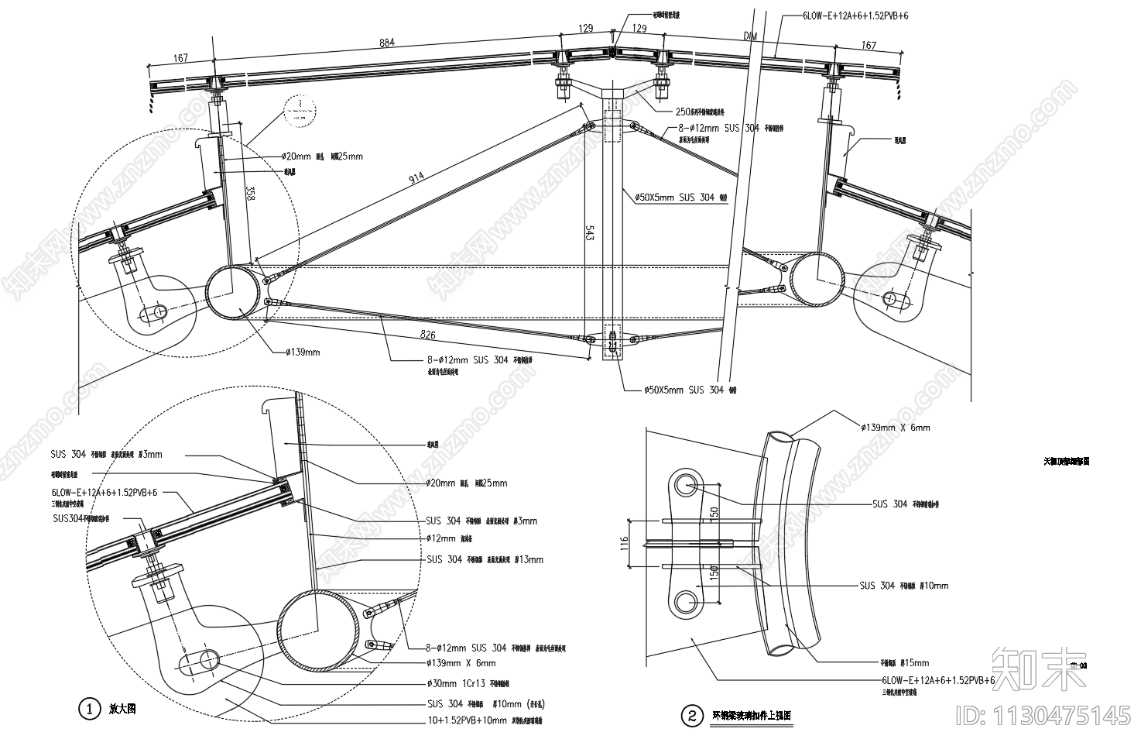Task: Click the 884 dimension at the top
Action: tap(387, 43)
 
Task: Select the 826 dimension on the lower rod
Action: tap(427, 335)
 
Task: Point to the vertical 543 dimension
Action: tap(590, 235)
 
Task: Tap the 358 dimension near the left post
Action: tap(248, 193)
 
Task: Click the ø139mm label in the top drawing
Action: tap(303, 352)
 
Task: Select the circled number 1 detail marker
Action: tap(89, 708)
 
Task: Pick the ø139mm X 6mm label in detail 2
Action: tap(895, 427)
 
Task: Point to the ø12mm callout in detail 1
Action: tap(442, 538)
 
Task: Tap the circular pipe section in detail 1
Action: tap(317, 629)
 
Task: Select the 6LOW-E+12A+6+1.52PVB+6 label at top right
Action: tap(845, 15)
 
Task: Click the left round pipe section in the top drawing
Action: tap(233, 291)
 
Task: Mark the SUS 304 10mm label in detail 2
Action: tap(903, 586)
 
